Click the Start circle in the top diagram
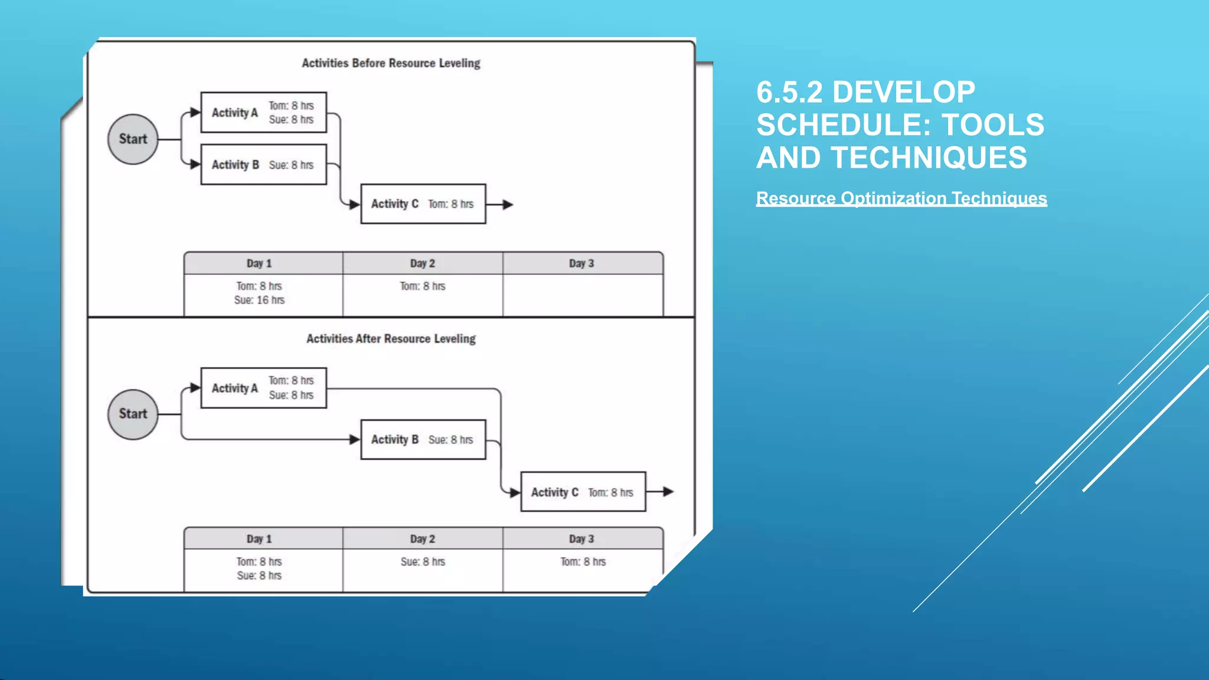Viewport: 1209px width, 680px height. [133, 139]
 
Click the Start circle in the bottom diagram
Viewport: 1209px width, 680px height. [133, 414]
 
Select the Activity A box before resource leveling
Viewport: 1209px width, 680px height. [263, 112]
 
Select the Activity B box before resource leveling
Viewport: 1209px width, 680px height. [263, 165]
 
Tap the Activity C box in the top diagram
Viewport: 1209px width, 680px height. [423, 204]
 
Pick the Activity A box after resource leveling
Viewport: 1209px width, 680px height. [263, 388]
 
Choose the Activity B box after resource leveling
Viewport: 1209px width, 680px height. [423, 440]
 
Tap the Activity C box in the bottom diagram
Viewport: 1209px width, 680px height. [583, 492]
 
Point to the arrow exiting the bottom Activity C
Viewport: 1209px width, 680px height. [661, 492]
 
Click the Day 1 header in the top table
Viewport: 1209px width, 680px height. [259, 263]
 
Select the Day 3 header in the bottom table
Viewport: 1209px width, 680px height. [582, 539]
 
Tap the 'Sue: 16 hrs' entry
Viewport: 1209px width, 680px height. [259, 300]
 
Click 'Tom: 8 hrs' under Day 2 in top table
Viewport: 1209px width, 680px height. [423, 286]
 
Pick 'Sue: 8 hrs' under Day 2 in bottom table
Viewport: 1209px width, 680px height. [423, 562]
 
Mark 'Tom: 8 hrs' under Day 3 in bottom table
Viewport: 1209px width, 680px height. [583, 562]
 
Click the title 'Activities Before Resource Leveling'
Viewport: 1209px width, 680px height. [391, 63]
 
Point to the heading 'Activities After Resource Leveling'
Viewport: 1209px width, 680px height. [391, 339]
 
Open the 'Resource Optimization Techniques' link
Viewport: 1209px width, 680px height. [901, 198]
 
